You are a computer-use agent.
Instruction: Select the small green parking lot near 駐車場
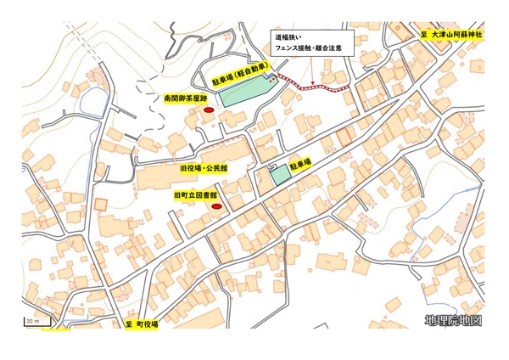pos(280,176)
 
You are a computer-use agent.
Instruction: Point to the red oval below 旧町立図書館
pos(216,206)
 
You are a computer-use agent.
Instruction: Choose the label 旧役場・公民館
pos(204,169)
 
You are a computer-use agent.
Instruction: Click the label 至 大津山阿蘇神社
pos(451,36)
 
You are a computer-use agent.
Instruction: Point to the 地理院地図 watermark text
pos(454,321)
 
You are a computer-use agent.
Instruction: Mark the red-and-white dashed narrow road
pos(314,86)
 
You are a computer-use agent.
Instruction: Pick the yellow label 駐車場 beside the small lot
pos(300,160)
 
